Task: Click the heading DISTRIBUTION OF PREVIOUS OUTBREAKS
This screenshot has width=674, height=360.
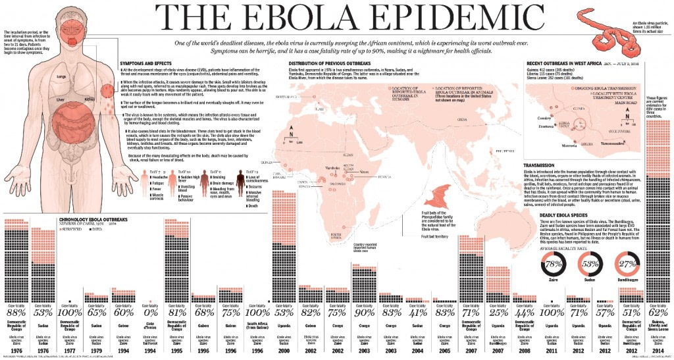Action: click(329, 63)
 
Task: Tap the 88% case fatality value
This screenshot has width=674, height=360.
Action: click(15, 311)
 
